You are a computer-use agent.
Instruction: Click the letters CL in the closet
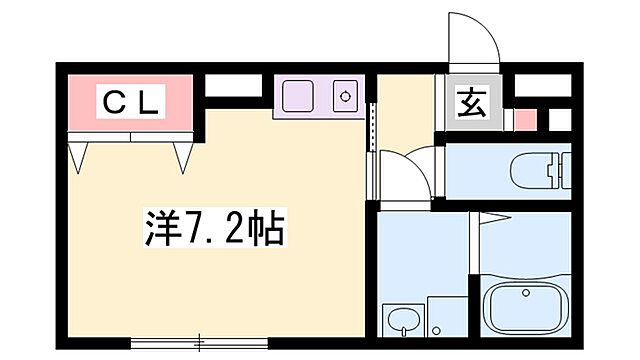click(x=128, y=101)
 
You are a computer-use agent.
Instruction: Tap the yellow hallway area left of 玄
click(x=404, y=110)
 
